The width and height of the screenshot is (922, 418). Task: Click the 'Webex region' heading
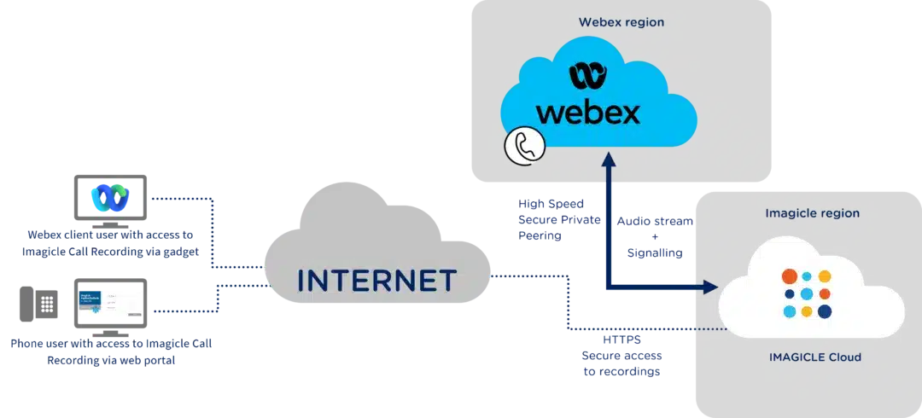621,23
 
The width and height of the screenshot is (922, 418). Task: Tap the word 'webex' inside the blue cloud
587,111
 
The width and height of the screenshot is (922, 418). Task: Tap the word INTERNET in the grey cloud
377,280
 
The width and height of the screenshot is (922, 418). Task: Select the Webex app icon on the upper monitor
108,197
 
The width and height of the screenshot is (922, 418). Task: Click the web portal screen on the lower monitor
108,302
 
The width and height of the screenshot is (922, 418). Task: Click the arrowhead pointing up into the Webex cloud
608,160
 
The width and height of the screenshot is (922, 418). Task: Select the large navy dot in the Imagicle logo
825,311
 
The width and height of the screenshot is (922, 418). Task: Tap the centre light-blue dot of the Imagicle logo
808,294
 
